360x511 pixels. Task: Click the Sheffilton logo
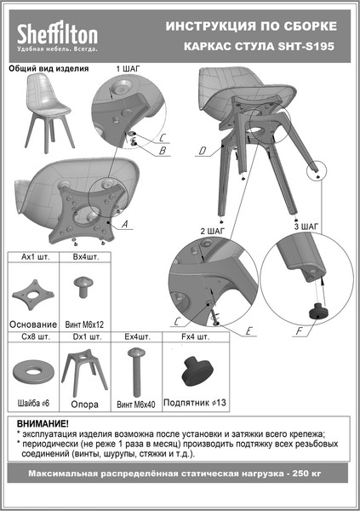point(59,37)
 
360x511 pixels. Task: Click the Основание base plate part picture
point(32,293)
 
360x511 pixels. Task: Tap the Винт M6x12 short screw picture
point(85,287)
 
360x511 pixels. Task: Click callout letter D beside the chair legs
point(202,152)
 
